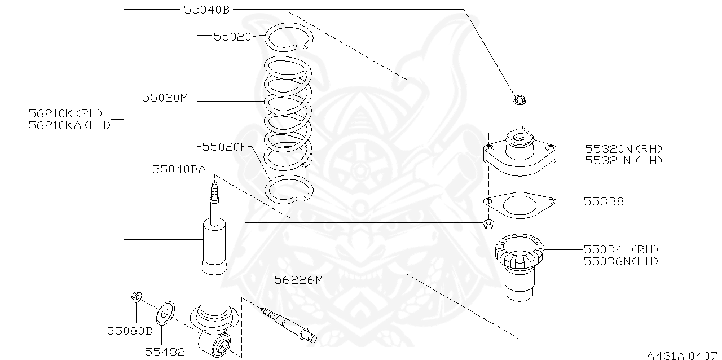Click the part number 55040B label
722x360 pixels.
click(x=206, y=10)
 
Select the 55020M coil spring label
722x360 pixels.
click(x=164, y=98)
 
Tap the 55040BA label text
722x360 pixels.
click(x=178, y=169)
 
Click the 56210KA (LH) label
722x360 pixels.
click(x=69, y=125)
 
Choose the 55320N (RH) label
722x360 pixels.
click(x=623, y=149)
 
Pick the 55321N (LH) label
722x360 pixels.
click(x=623, y=160)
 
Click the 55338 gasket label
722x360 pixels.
click(x=604, y=201)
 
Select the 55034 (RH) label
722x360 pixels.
click(x=620, y=249)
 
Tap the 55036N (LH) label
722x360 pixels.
click(x=620, y=261)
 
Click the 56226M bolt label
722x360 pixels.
click(x=298, y=279)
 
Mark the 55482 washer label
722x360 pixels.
click(x=165, y=352)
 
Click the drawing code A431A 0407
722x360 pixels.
click(x=681, y=355)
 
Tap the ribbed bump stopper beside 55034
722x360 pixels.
click(x=520, y=265)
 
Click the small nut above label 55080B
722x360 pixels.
click(x=135, y=296)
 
